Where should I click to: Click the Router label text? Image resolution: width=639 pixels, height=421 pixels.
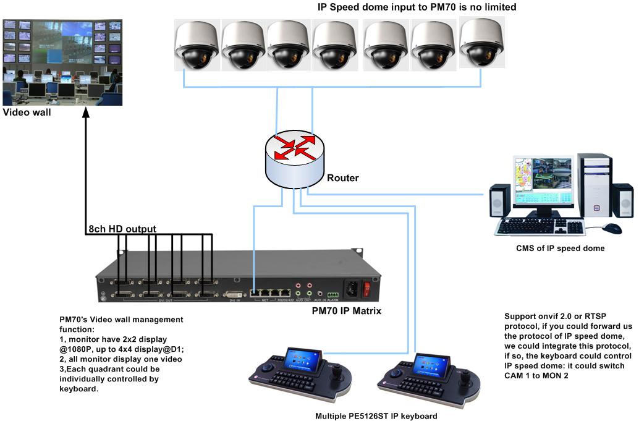(x=342, y=178)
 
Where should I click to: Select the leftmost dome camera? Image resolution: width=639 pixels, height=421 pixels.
(x=196, y=46)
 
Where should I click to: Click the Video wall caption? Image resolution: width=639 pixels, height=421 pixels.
(x=27, y=113)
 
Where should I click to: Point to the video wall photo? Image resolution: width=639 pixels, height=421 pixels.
(x=62, y=61)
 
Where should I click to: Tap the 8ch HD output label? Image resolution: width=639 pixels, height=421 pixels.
(x=122, y=229)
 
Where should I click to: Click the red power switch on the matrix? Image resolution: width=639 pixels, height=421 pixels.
(x=366, y=287)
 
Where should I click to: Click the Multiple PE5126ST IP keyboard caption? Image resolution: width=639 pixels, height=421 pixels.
(x=376, y=416)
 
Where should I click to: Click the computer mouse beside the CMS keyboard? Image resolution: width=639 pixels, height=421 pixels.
(x=611, y=228)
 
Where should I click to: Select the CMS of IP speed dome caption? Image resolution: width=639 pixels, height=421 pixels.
(x=560, y=249)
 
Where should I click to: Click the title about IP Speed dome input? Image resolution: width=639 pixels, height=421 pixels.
(x=417, y=7)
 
